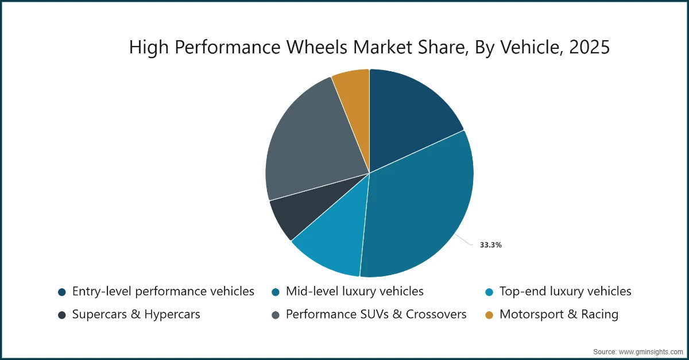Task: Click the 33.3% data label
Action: pyautogui.click(x=491, y=245)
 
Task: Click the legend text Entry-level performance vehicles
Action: pyautogui.click(x=163, y=292)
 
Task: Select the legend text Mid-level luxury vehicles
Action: pyautogui.click(x=354, y=292)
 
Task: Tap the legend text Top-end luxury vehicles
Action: pyautogui.click(x=565, y=292)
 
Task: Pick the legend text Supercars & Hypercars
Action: pyautogui.click(x=136, y=315)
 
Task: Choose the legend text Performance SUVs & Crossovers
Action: pyautogui.click(x=376, y=315)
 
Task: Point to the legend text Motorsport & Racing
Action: pyautogui.click(x=559, y=315)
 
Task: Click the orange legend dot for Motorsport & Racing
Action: pyautogui.click(x=489, y=315)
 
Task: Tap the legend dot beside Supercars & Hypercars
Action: pyautogui.click(x=61, y=315)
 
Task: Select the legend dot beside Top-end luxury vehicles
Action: pyautogui.click(x=489, y=292)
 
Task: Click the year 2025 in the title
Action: pyautogui.click(x=589, y=48)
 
